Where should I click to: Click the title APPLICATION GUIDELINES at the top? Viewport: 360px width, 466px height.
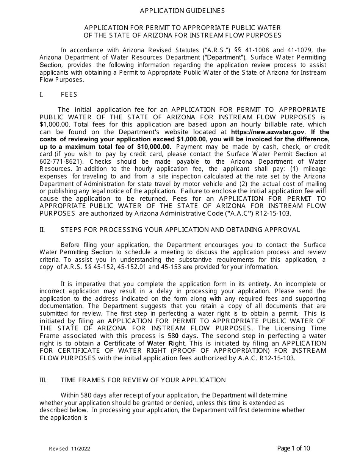coord(182,11)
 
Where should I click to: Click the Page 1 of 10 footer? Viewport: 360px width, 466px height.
coord(294,449)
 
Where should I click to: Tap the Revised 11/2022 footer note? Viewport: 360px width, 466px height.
coord(70,449)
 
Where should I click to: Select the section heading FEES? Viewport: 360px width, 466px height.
coord(69,95)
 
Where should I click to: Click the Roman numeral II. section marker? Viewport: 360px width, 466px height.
coord(42,230)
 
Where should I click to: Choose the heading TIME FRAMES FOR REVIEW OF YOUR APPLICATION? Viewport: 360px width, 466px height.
coord(143,380)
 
